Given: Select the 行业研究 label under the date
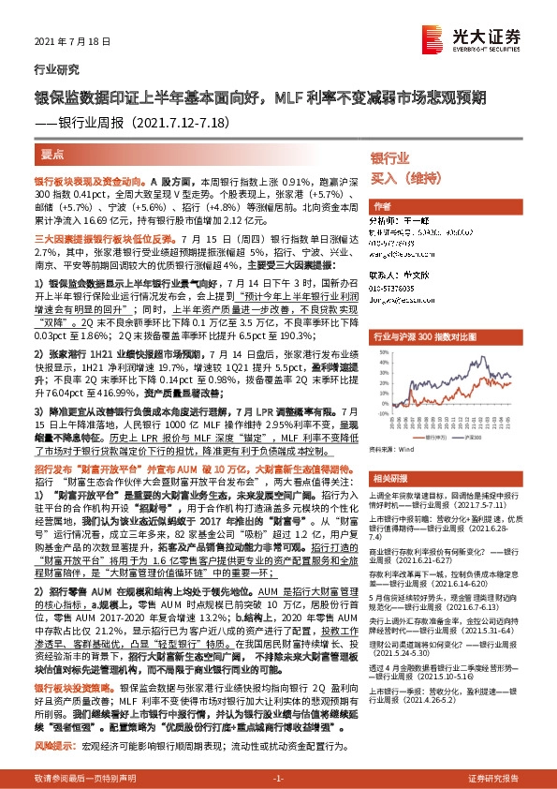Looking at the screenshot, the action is pos(51,69).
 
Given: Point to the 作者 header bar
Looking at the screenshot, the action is pos(384,205).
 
